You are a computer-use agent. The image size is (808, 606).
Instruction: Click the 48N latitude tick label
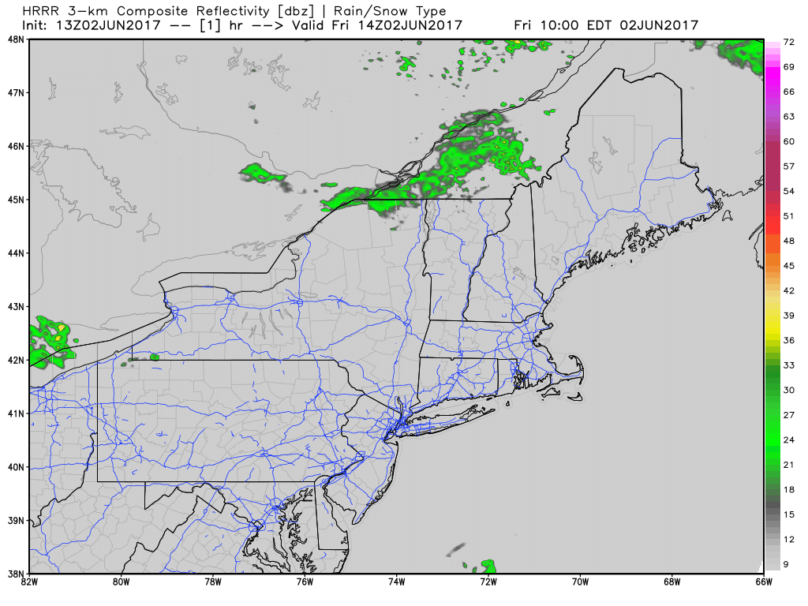coord(14,39)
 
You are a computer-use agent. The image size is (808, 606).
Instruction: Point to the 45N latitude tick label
coord(14,200)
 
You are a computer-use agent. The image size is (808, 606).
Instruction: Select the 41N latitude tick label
coord(14,413)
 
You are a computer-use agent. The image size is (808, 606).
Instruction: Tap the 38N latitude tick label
coord(14,574)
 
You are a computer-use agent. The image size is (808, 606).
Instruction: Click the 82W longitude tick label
coord(29,583)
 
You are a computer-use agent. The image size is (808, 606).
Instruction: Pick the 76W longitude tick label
coord(305,583)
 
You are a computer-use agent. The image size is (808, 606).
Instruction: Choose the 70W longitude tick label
coord(580,583)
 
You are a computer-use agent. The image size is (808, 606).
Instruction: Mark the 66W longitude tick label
coord(763,583)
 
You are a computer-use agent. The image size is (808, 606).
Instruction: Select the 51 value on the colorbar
coord(789,215)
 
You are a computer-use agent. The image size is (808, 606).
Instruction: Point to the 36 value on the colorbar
coord(789,340)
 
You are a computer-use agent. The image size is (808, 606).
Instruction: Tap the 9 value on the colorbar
coord(789,563)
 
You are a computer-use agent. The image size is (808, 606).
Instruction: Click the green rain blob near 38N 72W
coord(488,566)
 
